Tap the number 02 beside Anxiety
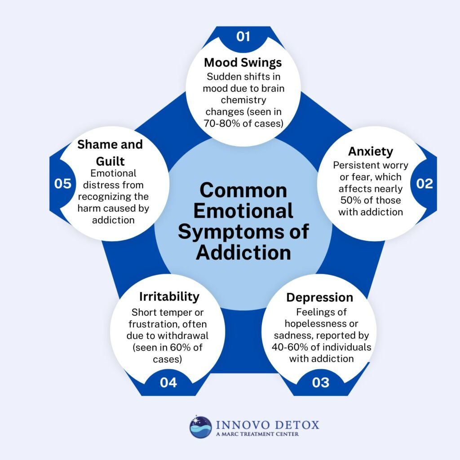424,183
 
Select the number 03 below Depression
320,382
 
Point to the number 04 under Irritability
168,382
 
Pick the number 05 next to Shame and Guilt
63,184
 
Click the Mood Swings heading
243,62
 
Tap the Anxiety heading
371,151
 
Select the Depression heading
319,297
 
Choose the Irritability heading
169,296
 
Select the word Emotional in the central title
243,211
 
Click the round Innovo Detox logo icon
200,427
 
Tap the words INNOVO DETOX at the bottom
267,424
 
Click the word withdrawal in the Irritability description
190,335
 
